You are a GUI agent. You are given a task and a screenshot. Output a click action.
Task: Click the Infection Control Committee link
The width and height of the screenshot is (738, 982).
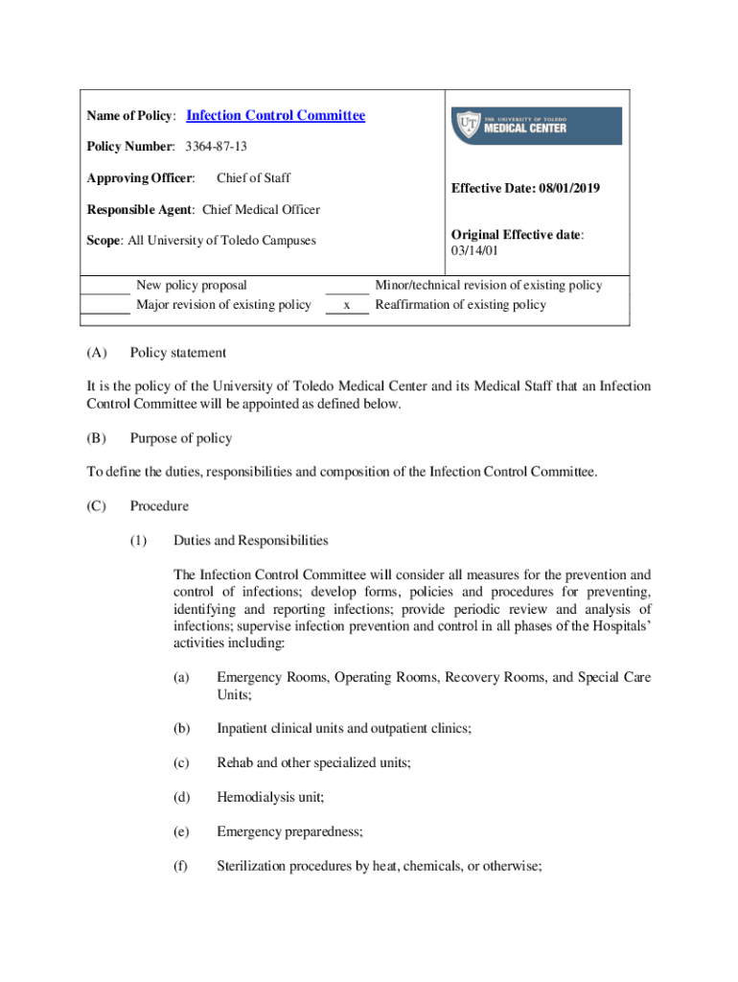click(275, 116)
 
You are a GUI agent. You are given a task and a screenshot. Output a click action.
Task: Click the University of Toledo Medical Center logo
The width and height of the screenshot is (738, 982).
click(536, 126)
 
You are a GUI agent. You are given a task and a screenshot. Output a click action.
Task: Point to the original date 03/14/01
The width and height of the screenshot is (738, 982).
click(473, 250)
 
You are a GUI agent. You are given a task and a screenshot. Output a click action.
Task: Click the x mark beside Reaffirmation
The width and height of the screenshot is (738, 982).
click(347, 305)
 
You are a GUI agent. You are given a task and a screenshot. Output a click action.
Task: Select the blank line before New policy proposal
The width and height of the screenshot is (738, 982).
click(105, 286)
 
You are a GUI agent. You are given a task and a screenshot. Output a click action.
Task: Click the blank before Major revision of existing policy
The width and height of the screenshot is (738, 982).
click(105, 306)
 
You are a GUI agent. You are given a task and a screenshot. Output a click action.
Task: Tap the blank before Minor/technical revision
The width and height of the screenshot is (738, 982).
click(347, 286)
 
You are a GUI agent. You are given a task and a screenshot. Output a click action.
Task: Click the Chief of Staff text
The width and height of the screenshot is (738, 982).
click(253, 177)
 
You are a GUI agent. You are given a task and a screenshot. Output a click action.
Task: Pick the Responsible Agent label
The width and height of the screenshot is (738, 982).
click(141, 210)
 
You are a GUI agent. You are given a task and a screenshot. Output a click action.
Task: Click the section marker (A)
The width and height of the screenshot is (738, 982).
click(96, 353)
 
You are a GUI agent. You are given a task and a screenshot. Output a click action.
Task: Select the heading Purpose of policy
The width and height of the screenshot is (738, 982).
click(180, 438)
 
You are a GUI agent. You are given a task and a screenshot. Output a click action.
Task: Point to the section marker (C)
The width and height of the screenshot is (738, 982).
click(96, 505)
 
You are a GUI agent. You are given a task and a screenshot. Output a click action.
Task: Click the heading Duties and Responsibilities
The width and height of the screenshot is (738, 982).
click(250, 540)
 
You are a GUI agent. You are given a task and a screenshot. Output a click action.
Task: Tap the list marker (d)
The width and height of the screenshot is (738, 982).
click(181, 797)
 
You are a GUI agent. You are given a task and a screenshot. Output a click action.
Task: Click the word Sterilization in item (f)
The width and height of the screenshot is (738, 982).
click(251, 866)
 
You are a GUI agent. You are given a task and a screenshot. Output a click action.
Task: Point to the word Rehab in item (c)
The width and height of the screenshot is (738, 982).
click(235, 762)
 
